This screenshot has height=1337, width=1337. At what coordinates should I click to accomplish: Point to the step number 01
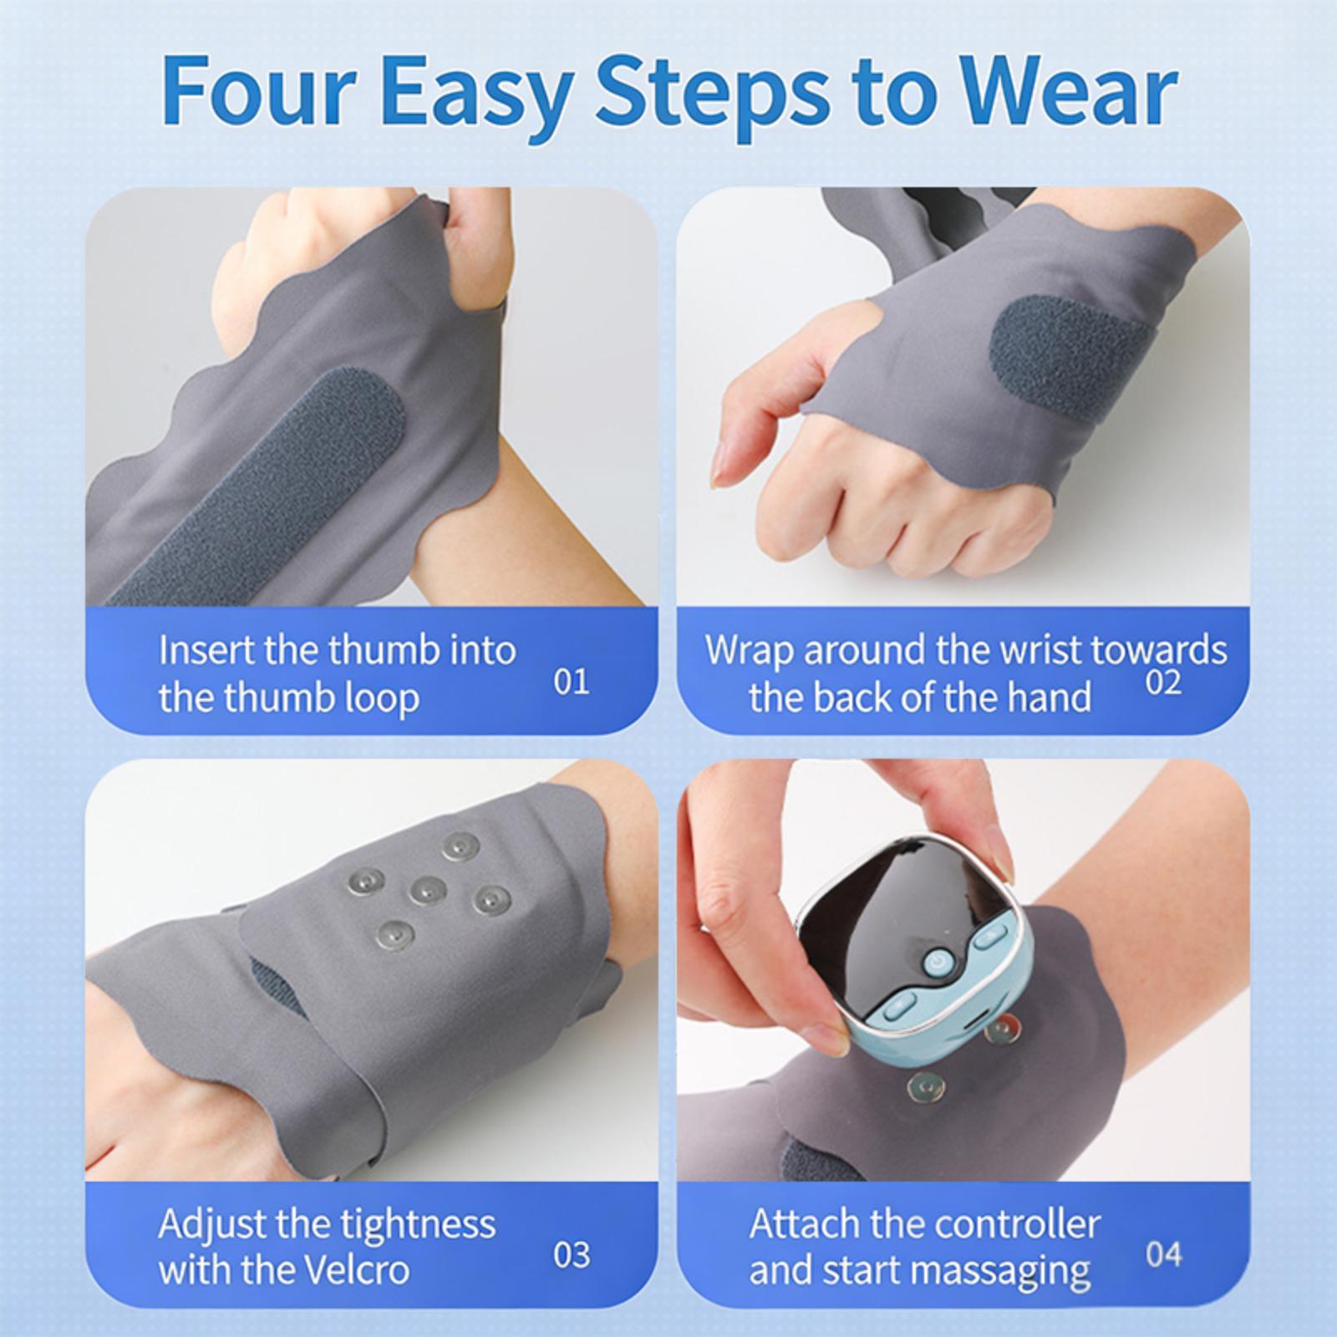pyautogui.click(x=572, y=681)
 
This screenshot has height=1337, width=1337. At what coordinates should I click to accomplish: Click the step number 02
pyautogui.click(x=1163, y=682)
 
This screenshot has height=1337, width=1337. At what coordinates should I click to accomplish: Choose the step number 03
pyautogui.click(x=572, y=1254)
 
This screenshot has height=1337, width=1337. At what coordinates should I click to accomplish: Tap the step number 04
pyautogui.click(x=1164, y=1254)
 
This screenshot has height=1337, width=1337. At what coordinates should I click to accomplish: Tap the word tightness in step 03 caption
pyautogui.click(x=418, y=1226)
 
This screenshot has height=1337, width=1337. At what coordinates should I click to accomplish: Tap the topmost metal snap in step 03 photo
pyautogui.click(x=461, y=847)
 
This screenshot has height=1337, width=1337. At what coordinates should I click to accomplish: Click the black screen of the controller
pyautogui.click(x=904, y=909)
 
